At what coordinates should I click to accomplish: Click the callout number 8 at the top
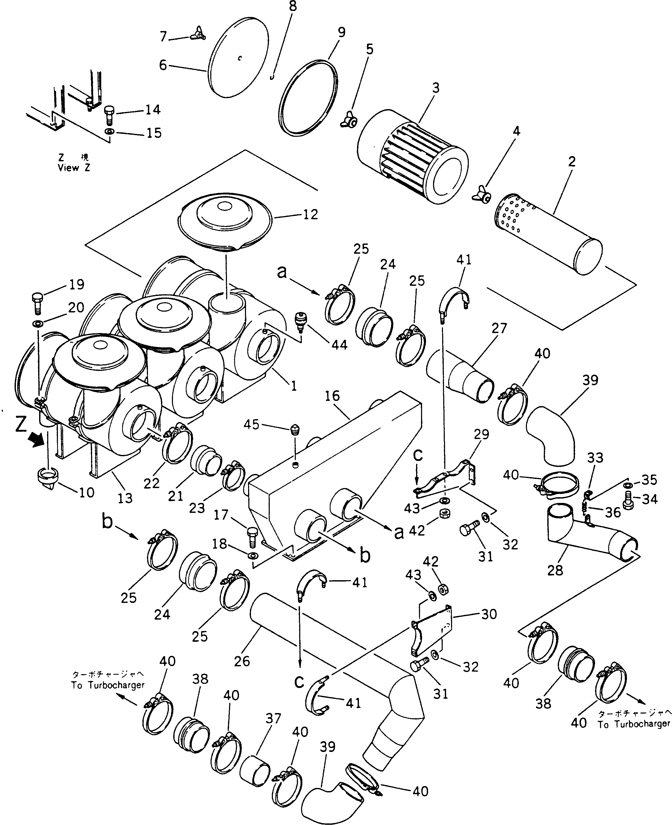point(293,7)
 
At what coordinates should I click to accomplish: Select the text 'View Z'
point(74,168)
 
